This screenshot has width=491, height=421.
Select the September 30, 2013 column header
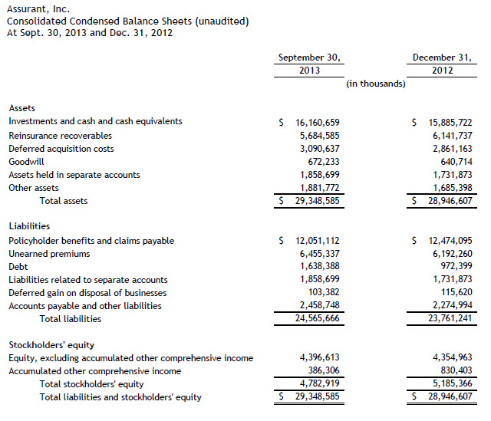tap(309, 64)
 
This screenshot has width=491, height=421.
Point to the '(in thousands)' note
tap(375, 84)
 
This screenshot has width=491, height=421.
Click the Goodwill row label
tap(26, 161)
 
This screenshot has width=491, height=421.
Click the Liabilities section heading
tap(29, 226)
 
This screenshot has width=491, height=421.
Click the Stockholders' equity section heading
tap(51, 344)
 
